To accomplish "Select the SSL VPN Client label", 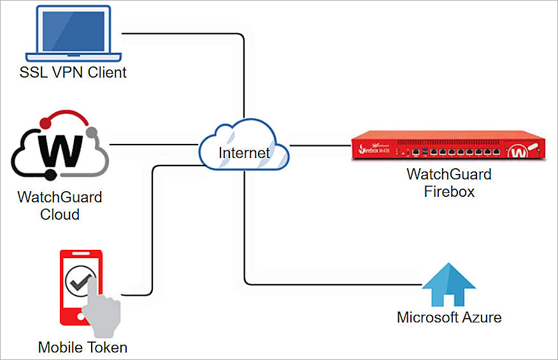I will click(x=72, y=72).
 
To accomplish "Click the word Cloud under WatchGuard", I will click(x=60, y=214).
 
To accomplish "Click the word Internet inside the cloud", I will click(x=243, y=153).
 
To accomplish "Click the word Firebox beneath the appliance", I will click(x=449, y=191).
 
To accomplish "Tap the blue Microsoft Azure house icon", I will click(x=449, y=285).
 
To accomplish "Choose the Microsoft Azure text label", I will click(x=449, y=317).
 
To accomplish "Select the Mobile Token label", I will click(x=83, y=347).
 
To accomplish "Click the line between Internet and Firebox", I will click(x=318, y=145).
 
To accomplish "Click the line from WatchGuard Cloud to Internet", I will click(x=153, y=145).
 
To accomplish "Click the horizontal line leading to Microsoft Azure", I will click(x=331, y=284).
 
